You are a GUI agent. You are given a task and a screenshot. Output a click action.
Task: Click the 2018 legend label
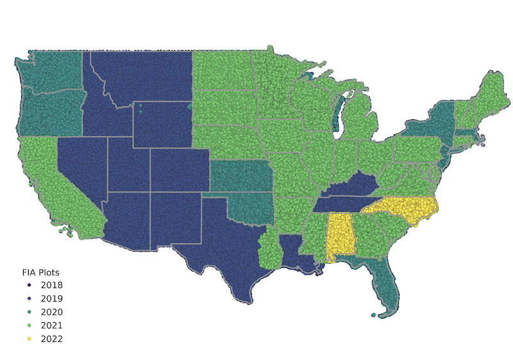51,285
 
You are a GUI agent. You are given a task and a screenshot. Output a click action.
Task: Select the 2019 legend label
51,298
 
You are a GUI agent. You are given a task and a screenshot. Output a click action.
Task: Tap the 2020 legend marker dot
29,312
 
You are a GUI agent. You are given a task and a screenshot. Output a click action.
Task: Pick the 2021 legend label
51,325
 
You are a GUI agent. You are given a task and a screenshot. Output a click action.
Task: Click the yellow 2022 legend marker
29,339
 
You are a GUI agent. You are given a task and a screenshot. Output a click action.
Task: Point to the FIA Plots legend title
41,272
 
